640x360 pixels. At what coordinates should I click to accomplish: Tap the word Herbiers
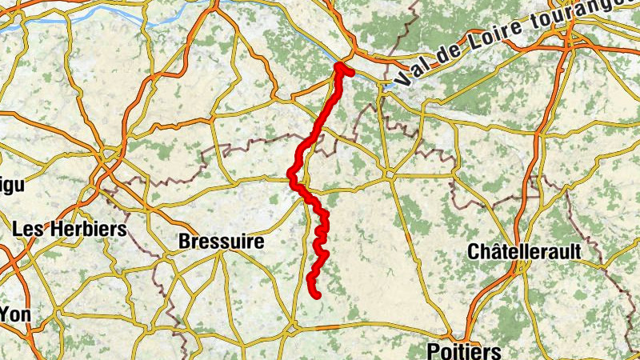point(89,229)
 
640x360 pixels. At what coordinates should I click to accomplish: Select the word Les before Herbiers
point(29,229)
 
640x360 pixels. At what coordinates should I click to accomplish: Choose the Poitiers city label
point(464,350)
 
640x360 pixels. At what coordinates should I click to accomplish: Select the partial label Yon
point(15,314)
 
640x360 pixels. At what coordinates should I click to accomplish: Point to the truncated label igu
point(11,185)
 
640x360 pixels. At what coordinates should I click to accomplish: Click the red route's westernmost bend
point(292,174)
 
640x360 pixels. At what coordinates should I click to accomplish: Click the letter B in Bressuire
point(185,240)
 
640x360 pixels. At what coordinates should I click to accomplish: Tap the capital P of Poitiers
point(434,350)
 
